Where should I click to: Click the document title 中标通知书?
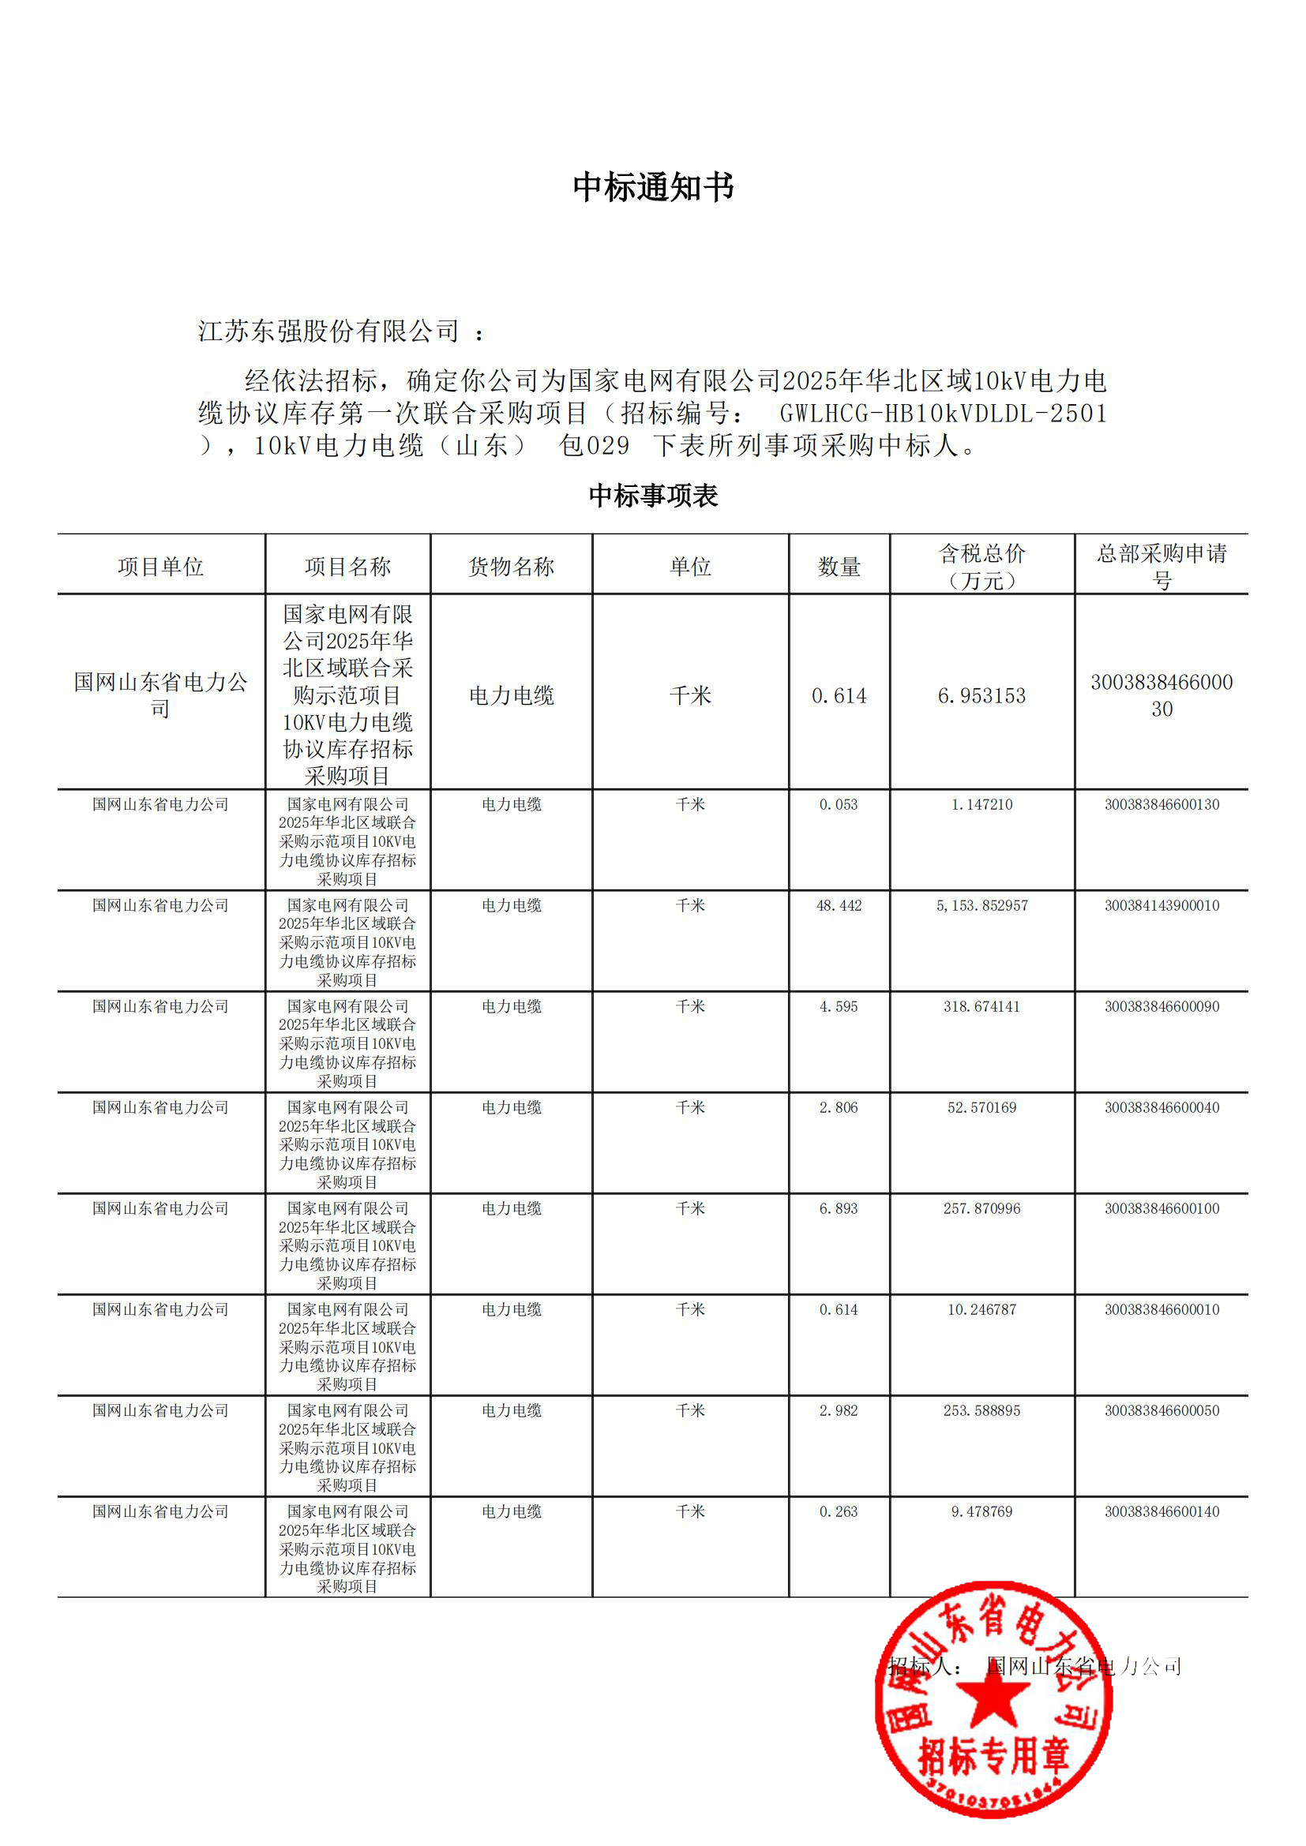(653, 187)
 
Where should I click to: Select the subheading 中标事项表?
(653, 496)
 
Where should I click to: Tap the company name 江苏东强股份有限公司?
(328, 331)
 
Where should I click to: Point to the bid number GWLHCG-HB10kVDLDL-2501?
(944, 414)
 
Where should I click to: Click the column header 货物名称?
(512, 567)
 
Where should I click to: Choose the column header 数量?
(839, 567)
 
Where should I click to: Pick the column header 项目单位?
(161, 567)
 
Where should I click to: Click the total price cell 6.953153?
(982, 695)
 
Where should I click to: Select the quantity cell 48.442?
(839, 906)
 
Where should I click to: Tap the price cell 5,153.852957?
(982, 906)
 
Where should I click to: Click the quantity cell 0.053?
(839, 805)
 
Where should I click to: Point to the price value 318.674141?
(982, 1006)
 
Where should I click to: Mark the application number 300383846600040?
(1162, 1108)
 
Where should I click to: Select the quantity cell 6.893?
(839, 1208)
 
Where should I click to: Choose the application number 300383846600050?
(1162, 1411)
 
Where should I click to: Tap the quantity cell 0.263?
(839, 1511)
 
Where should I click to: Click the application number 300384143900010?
(1162, 906)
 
